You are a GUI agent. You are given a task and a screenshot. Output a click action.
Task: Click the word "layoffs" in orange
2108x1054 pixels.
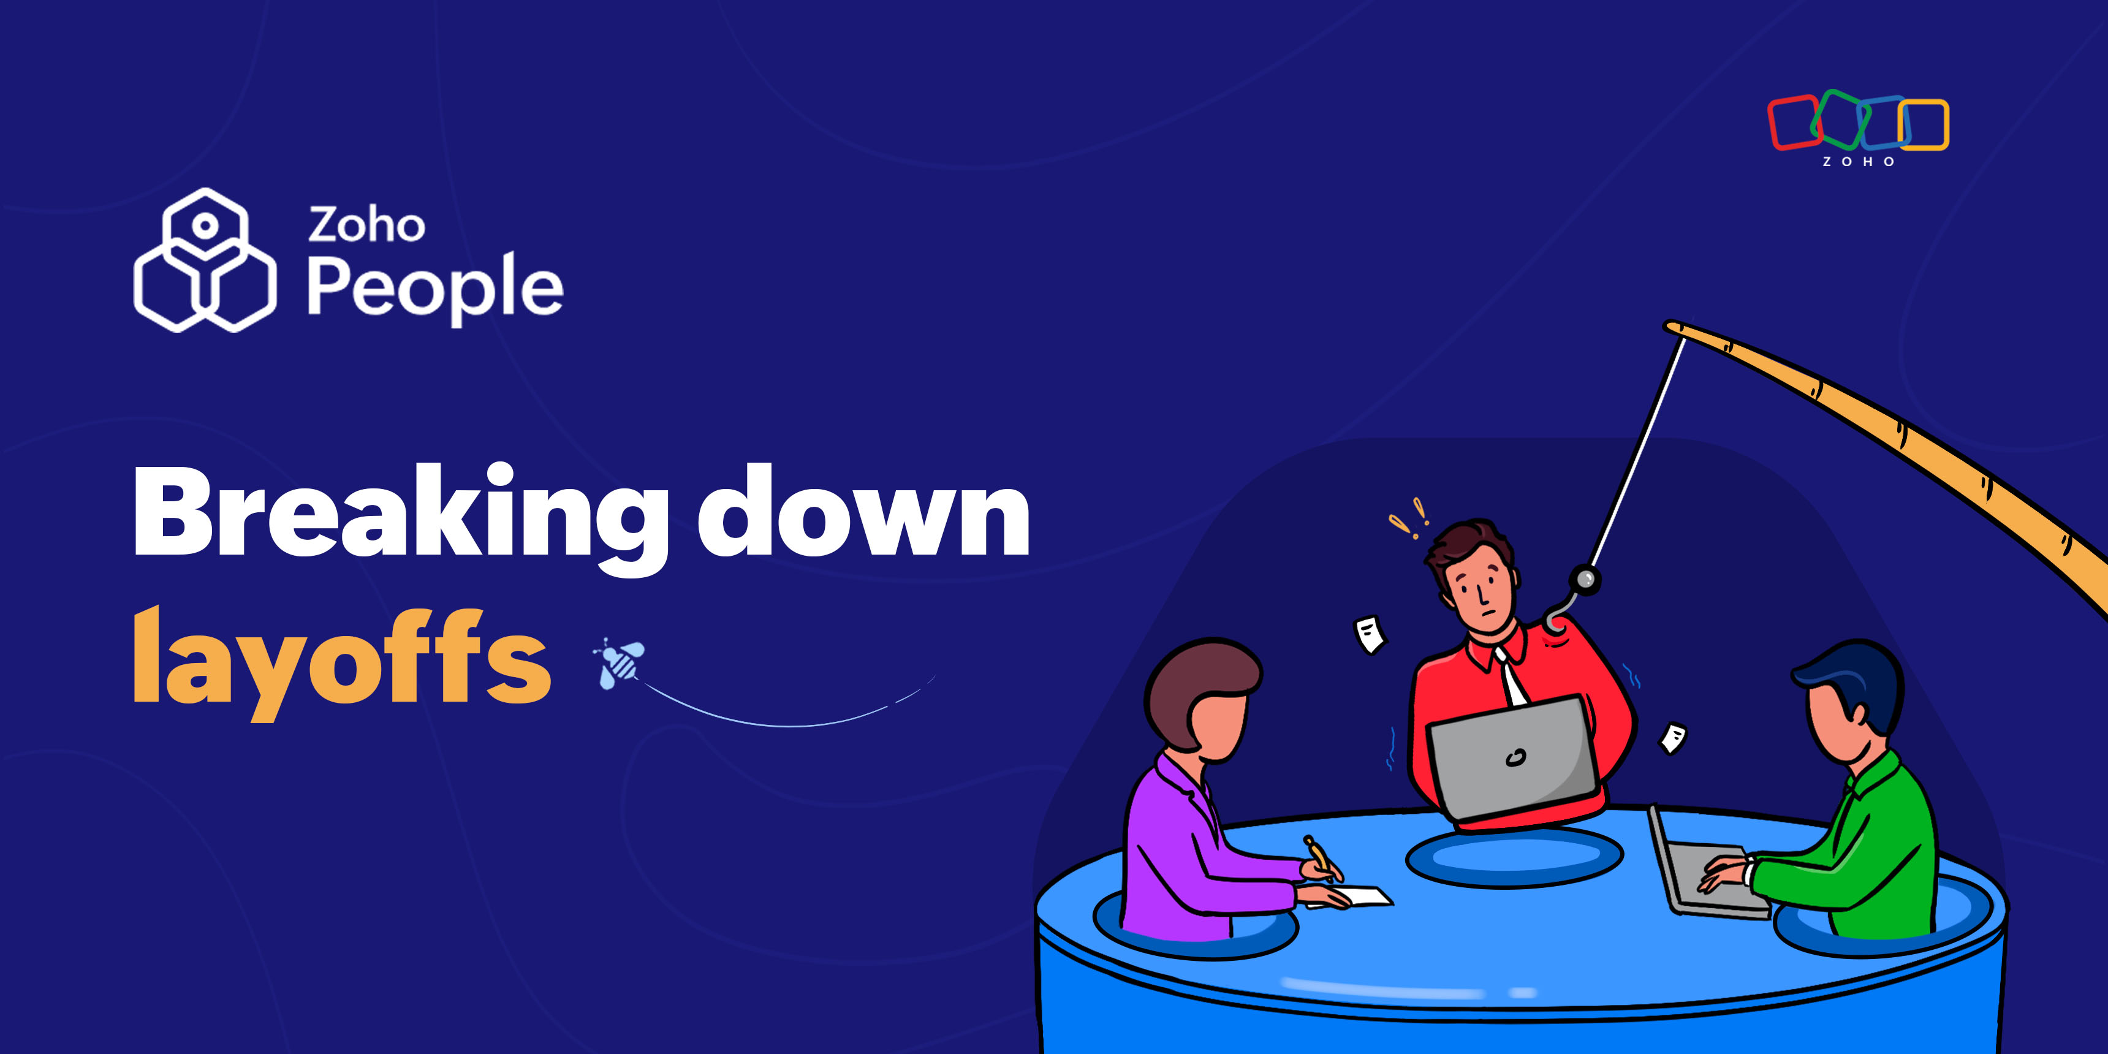tap(342, 661)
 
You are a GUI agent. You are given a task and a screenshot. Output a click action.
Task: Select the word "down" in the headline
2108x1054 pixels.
tap(864, 510)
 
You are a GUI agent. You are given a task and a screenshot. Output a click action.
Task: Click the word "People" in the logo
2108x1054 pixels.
tap(435, 288)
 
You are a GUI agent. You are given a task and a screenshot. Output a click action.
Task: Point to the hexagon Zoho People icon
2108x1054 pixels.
tap(205, 260)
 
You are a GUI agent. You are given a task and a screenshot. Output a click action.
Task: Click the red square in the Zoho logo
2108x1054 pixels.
tap(1794, 123)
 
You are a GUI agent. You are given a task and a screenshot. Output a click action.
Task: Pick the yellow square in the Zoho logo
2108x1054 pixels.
tap(1923, 125)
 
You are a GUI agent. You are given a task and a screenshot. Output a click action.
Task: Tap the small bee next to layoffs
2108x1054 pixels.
tap(620, 663)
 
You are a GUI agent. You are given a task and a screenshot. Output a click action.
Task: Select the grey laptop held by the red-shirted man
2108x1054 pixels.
tap(1512, 757)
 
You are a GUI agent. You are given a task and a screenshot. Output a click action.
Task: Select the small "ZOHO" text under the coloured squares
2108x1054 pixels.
tap(1857, 162)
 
